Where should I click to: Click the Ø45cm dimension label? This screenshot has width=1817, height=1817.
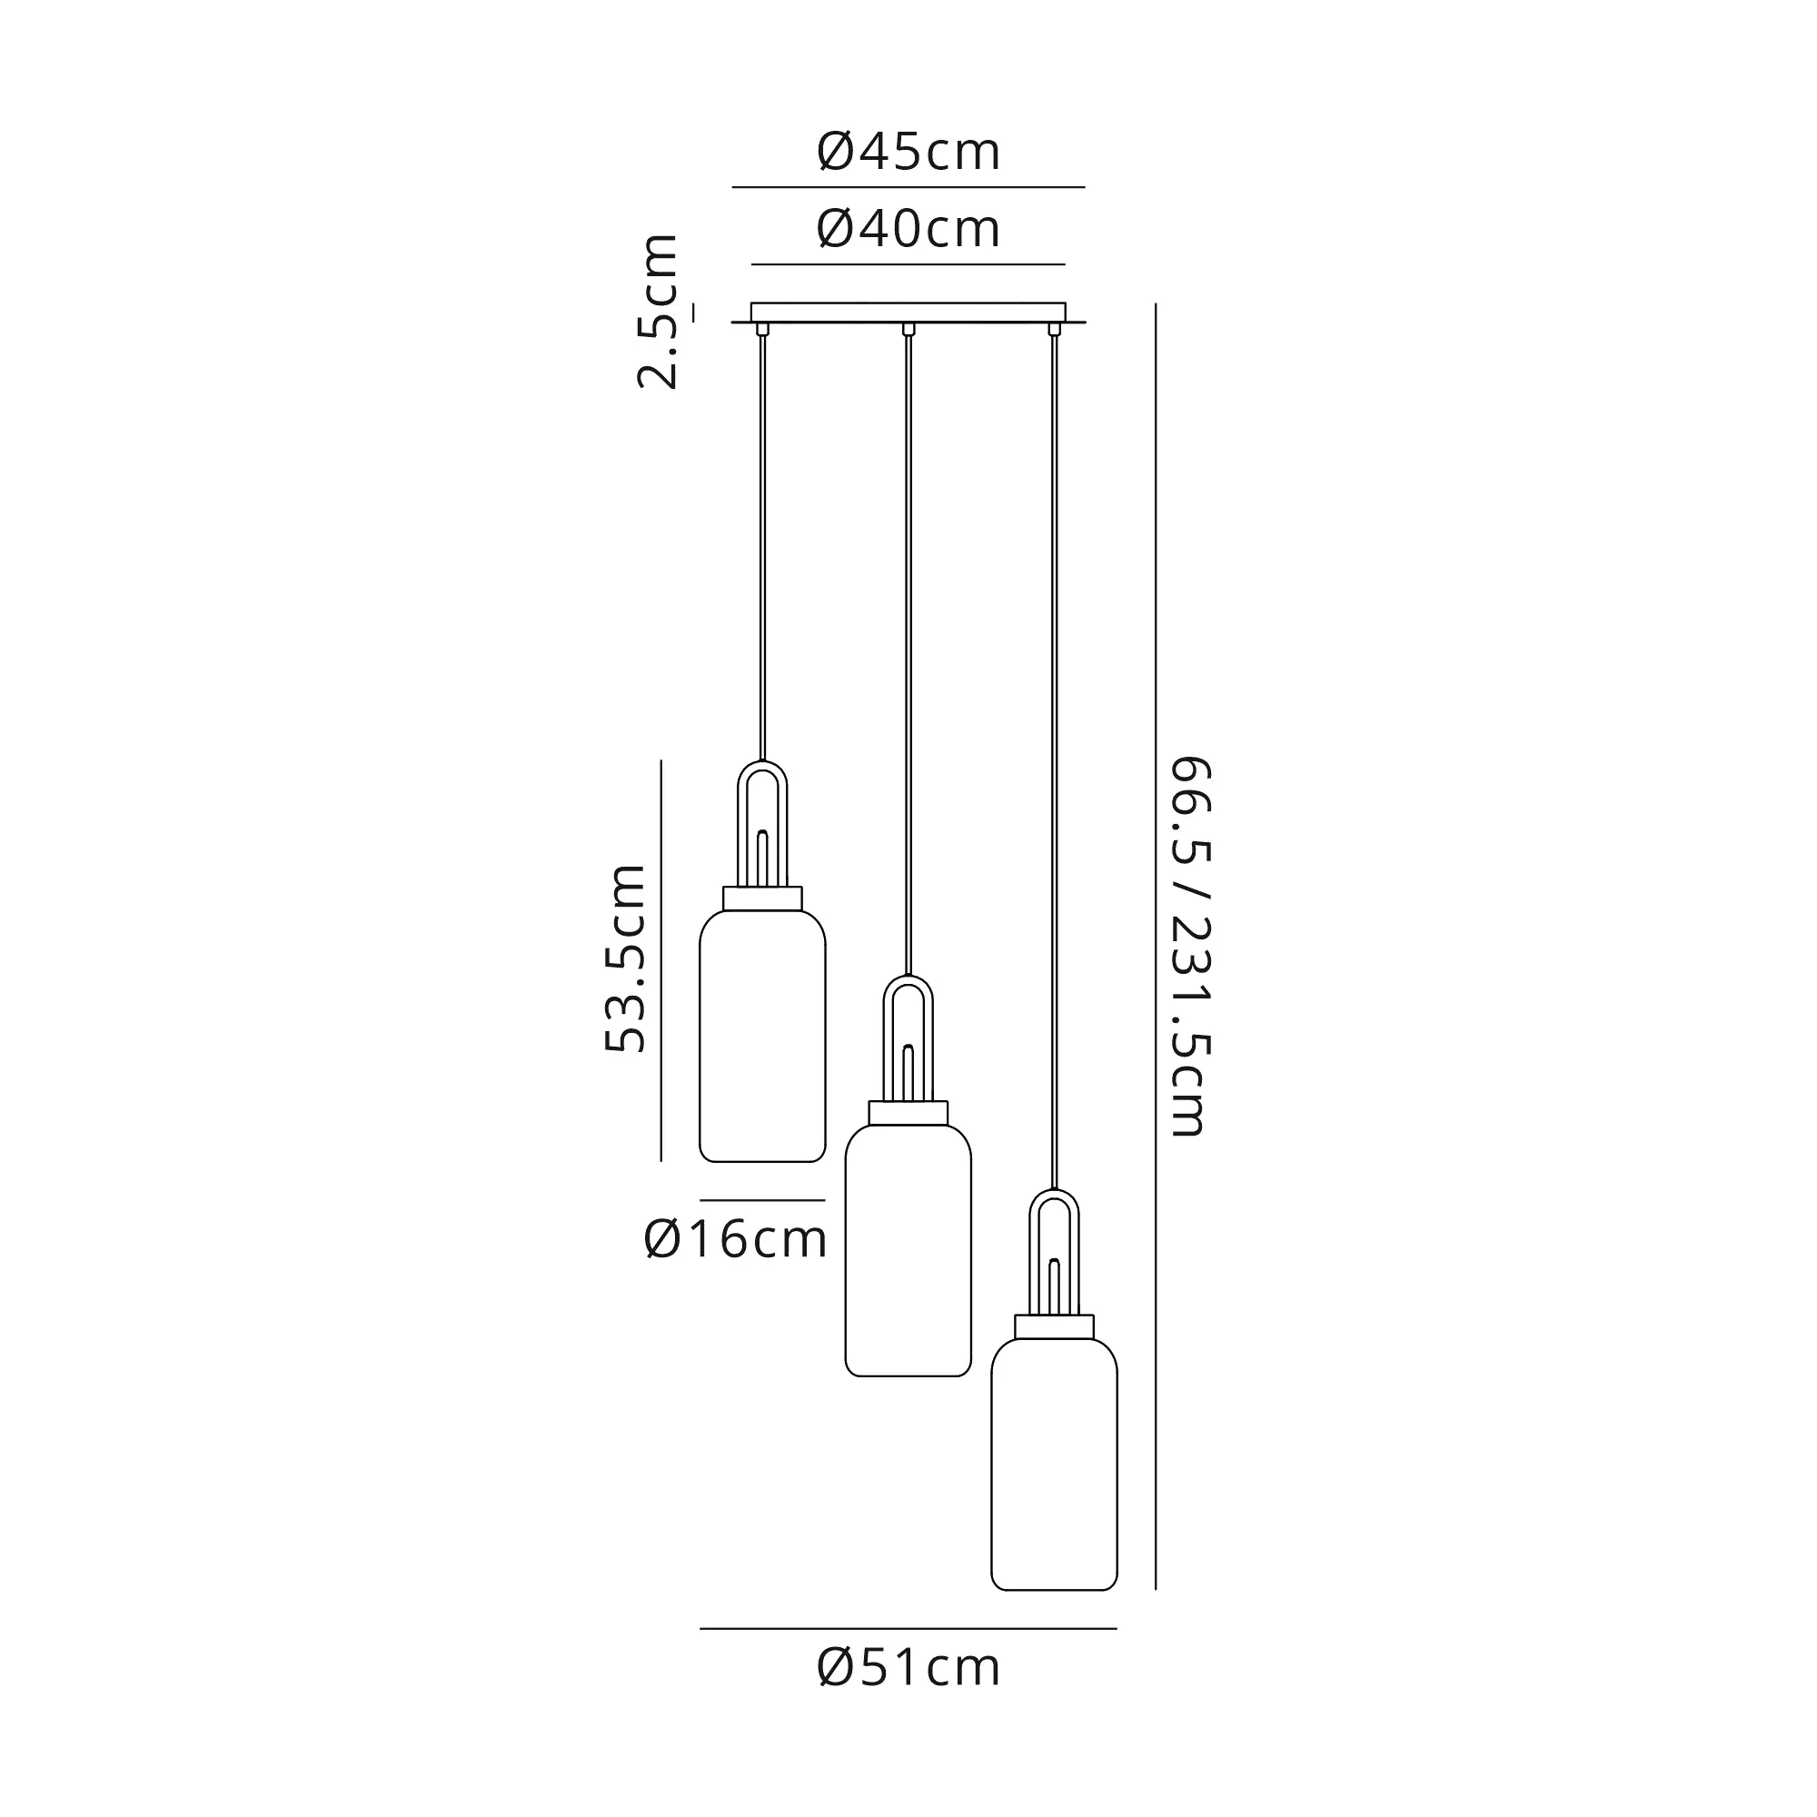(908, 153)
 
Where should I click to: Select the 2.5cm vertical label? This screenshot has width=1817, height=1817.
(658, 312)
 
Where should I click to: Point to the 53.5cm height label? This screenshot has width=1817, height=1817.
(625, 958)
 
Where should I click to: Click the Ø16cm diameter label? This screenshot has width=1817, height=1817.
(736, 1239)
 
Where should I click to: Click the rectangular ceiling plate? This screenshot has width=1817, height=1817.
(908, 313)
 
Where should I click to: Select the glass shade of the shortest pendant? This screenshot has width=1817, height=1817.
(763, 1037)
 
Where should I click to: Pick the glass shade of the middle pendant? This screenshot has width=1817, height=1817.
(908, 1251)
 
